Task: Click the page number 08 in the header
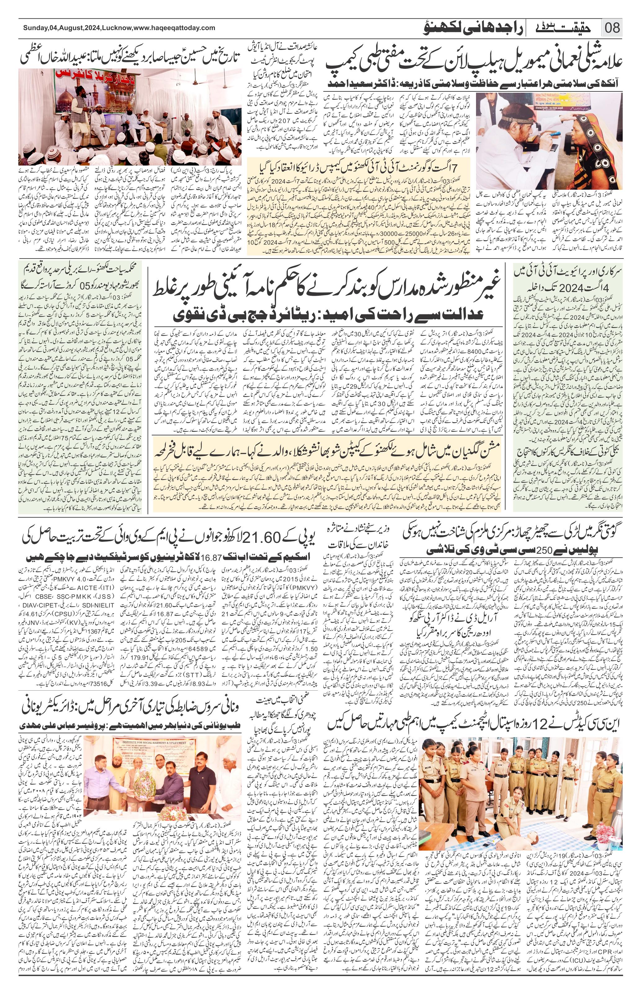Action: (x=612, y=28)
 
